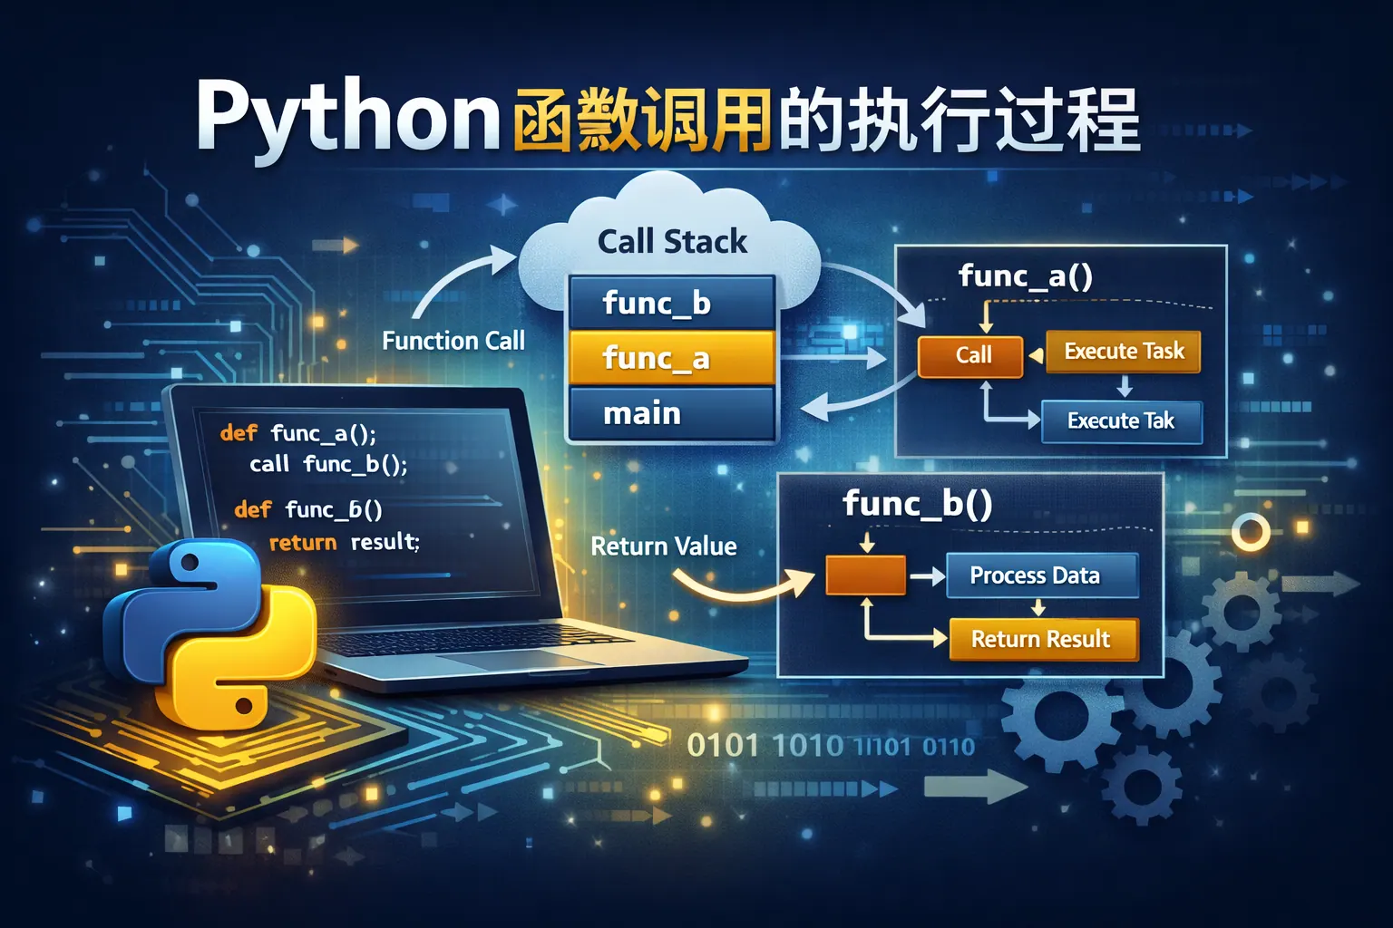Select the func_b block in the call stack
671,303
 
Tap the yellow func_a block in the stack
671,358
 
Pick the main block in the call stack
671,413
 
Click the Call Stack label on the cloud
672,242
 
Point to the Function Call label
453,341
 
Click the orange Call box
971,355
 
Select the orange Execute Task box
1123,352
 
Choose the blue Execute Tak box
1121,421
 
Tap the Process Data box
1041,575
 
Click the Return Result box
1042,639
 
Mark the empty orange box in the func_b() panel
865,575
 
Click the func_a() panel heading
1025,275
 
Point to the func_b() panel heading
917,504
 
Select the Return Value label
663,546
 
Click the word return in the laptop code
303,543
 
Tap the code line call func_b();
328,465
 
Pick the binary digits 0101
722,746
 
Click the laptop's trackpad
535,660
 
